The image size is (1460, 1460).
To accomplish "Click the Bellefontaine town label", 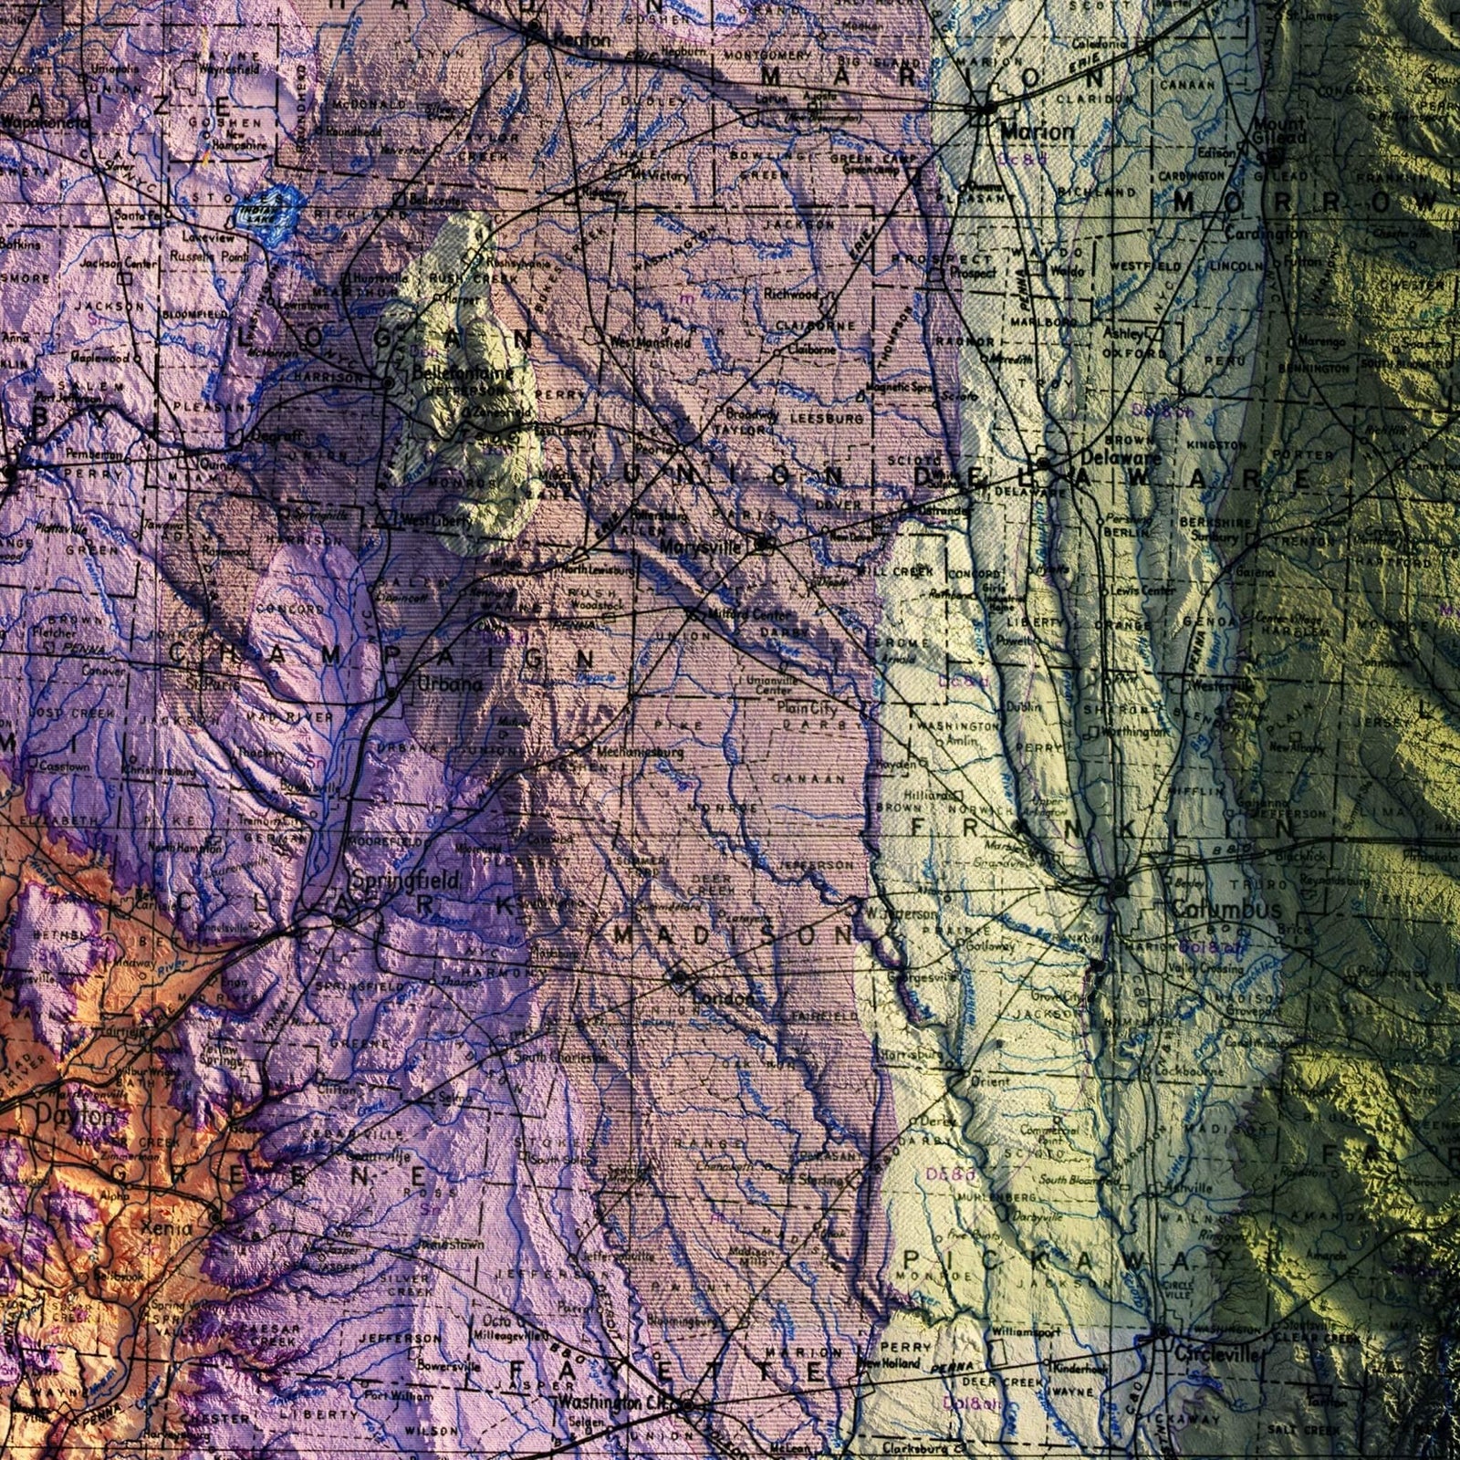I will coord(463,372).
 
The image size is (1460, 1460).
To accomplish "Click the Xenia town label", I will coord(167,1228).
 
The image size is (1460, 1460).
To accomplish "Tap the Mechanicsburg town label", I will coord(641,753).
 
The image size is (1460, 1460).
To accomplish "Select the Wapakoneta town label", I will coord(46,120).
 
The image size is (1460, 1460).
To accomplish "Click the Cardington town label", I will coord(1265,235).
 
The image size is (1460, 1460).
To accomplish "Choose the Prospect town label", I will coord(974,272).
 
